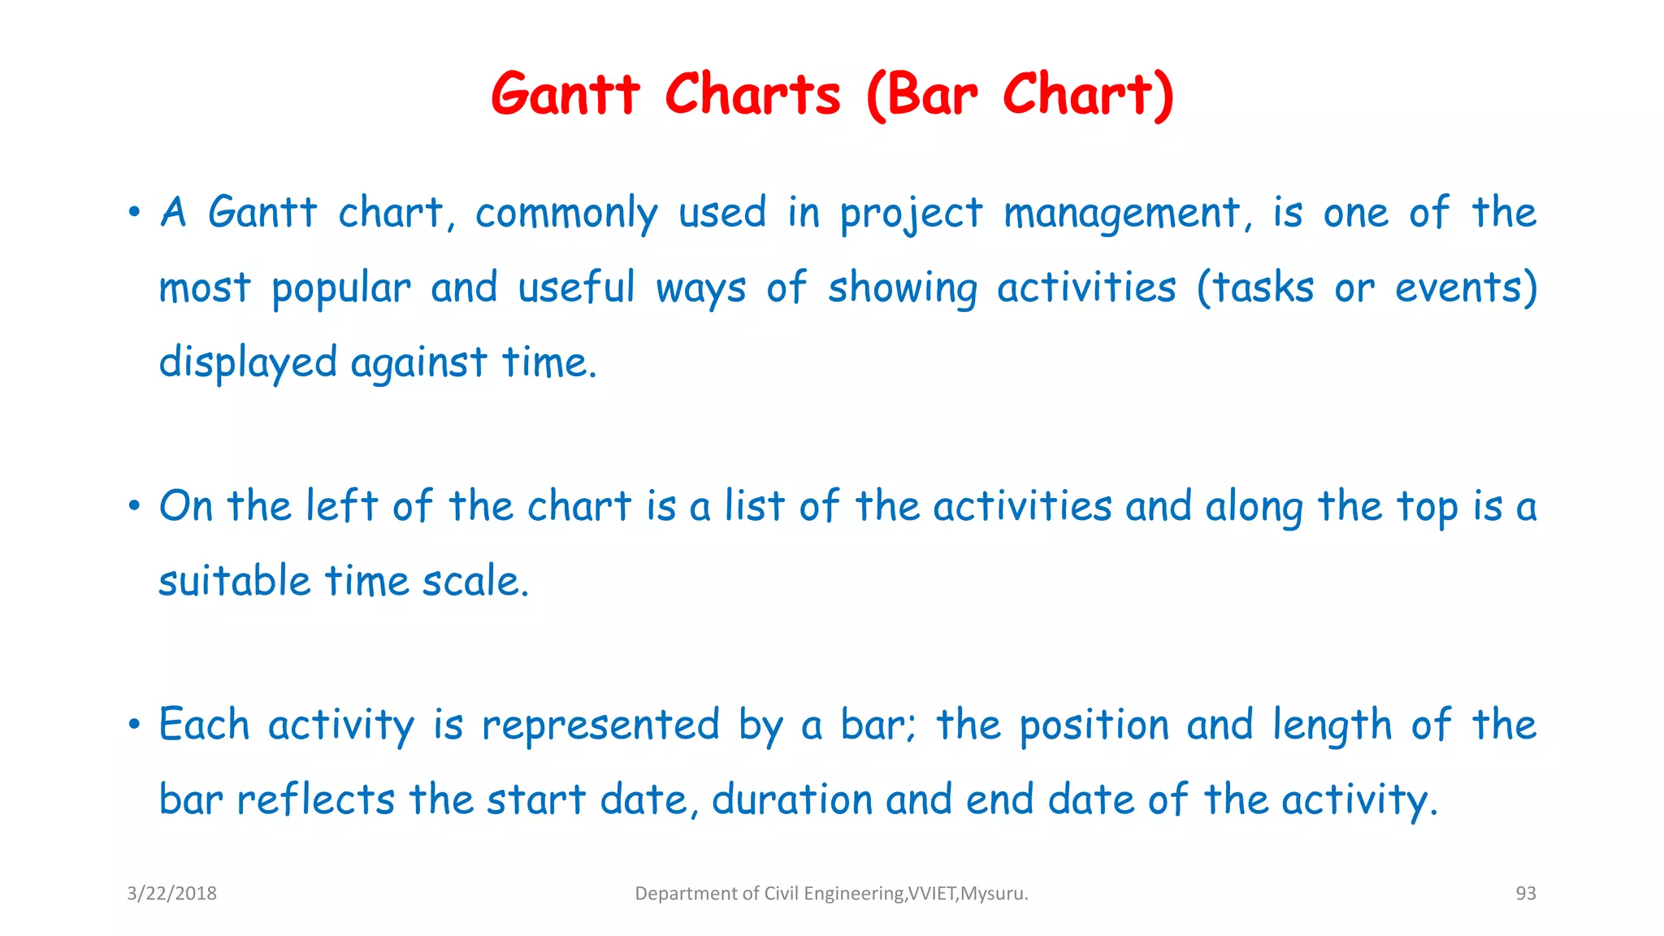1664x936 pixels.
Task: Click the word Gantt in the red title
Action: (565, 94)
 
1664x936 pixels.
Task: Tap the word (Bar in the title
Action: (922, 94)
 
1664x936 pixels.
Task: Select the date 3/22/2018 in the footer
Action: (171, 893)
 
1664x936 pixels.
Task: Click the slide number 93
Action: (1525, 893)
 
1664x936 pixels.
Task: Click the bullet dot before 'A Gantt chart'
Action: (134, 213)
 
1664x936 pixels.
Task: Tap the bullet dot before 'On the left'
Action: (134, 506)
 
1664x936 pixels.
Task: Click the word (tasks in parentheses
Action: (1254, 288)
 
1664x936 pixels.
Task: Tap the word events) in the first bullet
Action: (1466, 288)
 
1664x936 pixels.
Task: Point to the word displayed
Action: (247, 362)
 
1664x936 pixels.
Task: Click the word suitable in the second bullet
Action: (235, 581)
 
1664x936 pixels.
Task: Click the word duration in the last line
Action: (791, 799)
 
